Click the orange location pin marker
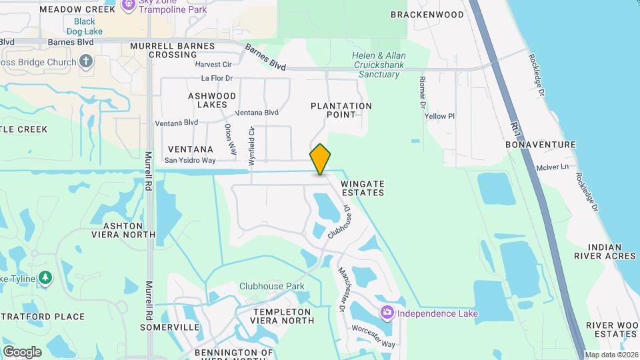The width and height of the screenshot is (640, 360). (x=321, y=159)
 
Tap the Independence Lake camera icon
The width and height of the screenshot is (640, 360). (x=387, y=313)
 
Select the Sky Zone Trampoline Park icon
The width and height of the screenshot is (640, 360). (x=129, y=5)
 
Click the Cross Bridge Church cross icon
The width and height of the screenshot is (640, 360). (x=85, y=62)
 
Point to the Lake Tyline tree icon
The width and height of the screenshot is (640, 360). (x=45, y=277)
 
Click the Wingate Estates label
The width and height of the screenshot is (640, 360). (x=363, y=187)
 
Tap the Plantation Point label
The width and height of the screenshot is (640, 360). (x=341, y=110)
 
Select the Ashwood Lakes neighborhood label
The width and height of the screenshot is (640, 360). (x=212, y=100)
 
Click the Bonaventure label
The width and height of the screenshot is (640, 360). (x=540, y=144)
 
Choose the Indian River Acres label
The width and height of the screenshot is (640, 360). (x=605, y=251)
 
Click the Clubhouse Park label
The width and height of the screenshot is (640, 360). (x=272, y=287)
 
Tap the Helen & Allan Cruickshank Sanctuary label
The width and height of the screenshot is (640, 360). (x=379, y=65)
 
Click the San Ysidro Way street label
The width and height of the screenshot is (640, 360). (x=190, y=161)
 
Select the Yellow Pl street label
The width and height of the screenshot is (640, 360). (x=439, y=116)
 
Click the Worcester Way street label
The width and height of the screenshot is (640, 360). (x=374, y=337)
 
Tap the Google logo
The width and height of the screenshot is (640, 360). (x=22, y=351)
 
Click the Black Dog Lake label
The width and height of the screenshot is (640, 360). (x=85, y=26)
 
